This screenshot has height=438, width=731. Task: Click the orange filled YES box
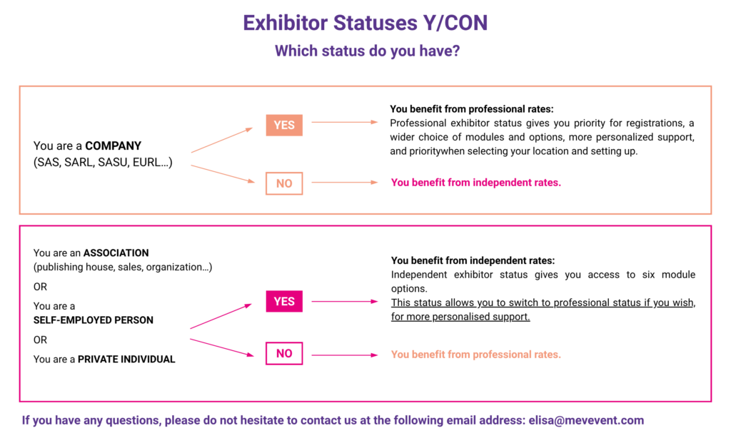coord(284,125)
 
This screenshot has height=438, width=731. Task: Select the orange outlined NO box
coord(284,183)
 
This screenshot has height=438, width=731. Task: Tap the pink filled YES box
coord(284,301)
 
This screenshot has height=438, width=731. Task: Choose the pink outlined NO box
coord(284,353)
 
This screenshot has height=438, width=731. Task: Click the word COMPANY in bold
coord(114,146)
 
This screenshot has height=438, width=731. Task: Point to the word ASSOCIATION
coord(116,253)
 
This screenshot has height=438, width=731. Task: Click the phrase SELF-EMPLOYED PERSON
coord(94,320)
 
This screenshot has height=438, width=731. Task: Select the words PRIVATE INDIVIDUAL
coord(126,360)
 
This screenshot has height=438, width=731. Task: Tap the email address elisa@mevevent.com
coord(586,420)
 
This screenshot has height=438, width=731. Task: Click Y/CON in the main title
coord(455,23)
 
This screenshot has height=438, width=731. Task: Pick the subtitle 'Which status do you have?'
coord(367,51)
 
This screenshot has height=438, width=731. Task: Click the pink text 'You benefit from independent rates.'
coord(476,183)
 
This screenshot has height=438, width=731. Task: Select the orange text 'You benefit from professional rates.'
coord(476,355)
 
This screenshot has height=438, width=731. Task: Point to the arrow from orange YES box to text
coord(345,122)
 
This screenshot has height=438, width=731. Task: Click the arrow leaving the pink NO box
coord(345,355)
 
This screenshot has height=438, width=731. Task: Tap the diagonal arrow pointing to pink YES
coord(221,317)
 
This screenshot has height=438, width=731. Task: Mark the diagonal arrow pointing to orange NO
coord(223,174)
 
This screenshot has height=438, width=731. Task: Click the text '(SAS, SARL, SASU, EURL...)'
coord(103,163)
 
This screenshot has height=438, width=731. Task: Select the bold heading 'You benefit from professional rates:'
coord(472,109)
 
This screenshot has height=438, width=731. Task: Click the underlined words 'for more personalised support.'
coord(460,317)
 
